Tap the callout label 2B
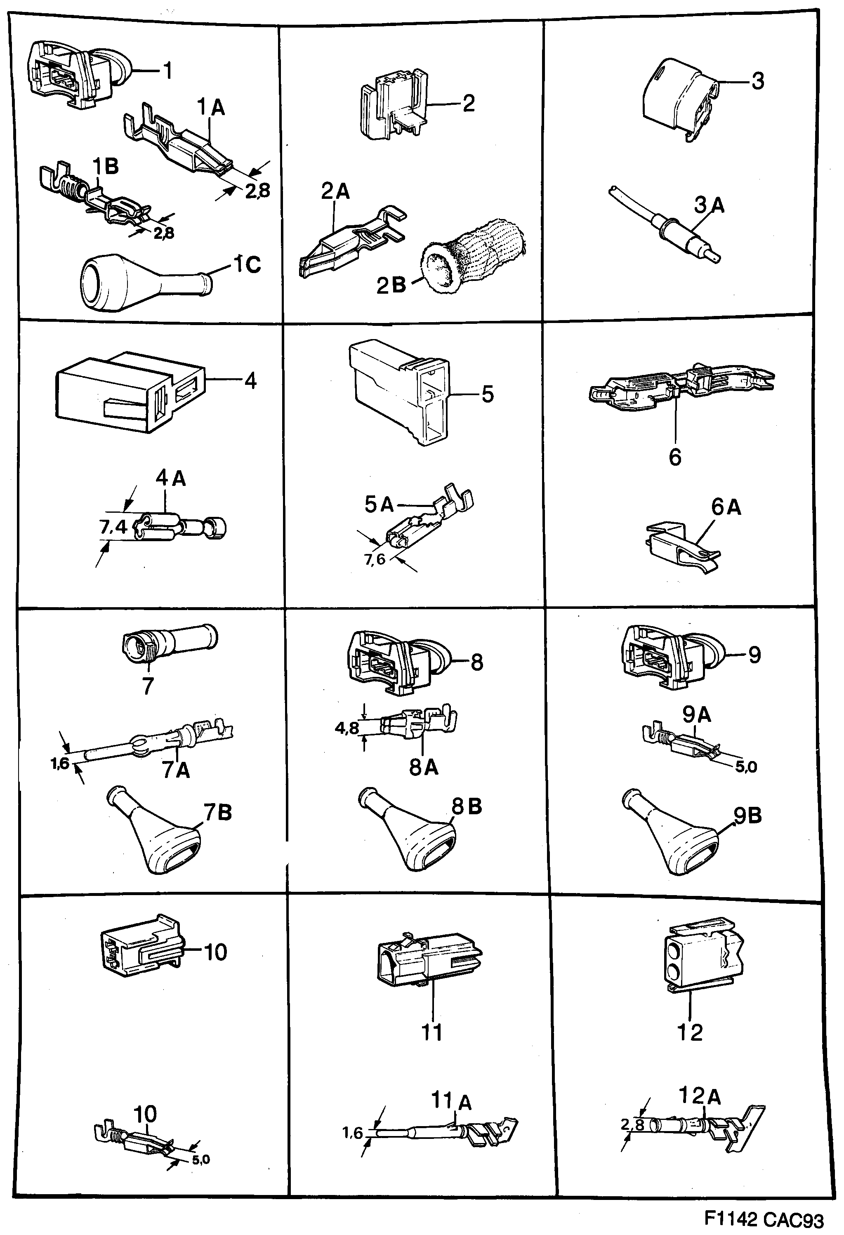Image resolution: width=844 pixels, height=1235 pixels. (391, 285)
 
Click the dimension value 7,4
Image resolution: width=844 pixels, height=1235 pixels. (113, 527)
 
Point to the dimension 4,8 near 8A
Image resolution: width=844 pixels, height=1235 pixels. (347, 728)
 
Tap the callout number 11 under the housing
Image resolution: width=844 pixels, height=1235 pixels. (431, 1032)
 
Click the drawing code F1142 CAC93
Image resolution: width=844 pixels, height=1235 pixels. (764, 1219)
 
